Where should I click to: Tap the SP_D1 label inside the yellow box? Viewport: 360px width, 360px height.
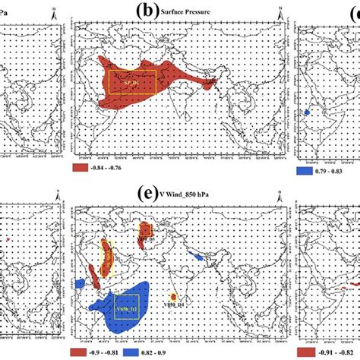pos(133,81)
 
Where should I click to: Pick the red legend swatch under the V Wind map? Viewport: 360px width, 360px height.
pos(83,353)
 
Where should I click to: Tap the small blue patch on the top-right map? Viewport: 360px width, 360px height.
pos(308,112)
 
